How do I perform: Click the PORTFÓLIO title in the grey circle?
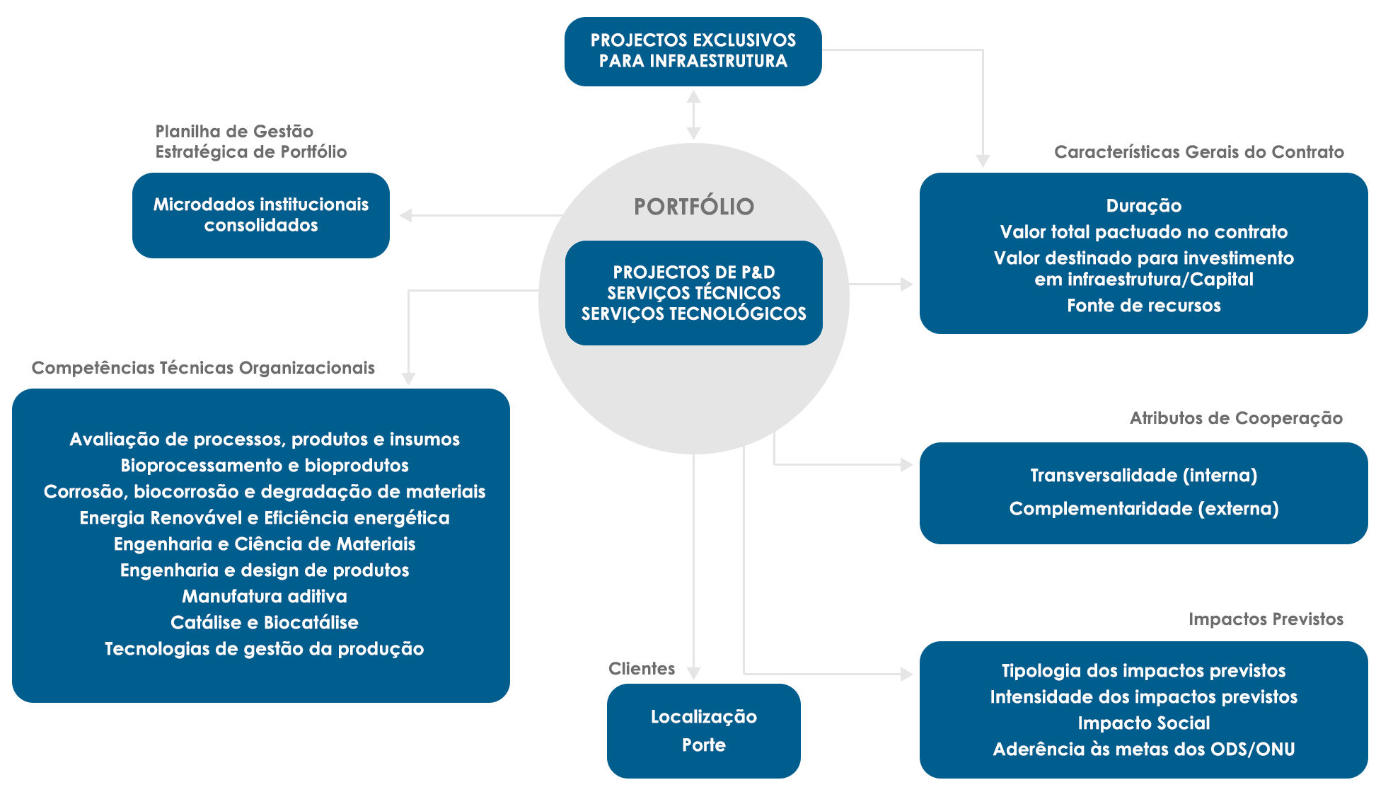pyautogui.click(x=693, y=207)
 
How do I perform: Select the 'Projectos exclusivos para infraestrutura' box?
pyautogui.click(x=693, y=51)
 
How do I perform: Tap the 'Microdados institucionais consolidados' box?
pyautogui.click(x=260, y=215)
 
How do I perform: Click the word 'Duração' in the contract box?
pyautogui.click(x=1143, y=206)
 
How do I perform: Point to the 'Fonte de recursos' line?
pyautogui.click(x=1143, y=306)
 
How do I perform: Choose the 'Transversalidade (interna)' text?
pyautogui.click(x=1143, y=476)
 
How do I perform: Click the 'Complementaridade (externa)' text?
pyautogui.click(x=1143, y=509)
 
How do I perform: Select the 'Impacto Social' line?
pyautogui.click(x=1143, y=723)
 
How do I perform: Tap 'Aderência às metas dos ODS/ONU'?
pyautogui.click(x=1143, y=750)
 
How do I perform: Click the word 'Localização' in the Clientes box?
pyautogui.click(x=703, y=717)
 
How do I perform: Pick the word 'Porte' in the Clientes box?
pyautogui.click(x=703, y=745)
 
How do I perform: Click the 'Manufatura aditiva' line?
pyautogui.click(x=264, y=597)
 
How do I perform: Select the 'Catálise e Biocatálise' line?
pyautogui.click(x=264, y=623)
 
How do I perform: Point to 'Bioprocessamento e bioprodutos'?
pyautogui.click(x=264, y=466)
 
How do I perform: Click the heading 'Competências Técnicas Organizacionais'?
pyautogui.click(x=203, y=368)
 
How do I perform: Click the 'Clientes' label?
pyautogui.click(x=641, y=669)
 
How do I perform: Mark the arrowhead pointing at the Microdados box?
pyautogui.click(x=405, y=215)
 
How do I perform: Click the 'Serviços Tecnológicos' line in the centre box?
pyautogui.click(x=693, y=314)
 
